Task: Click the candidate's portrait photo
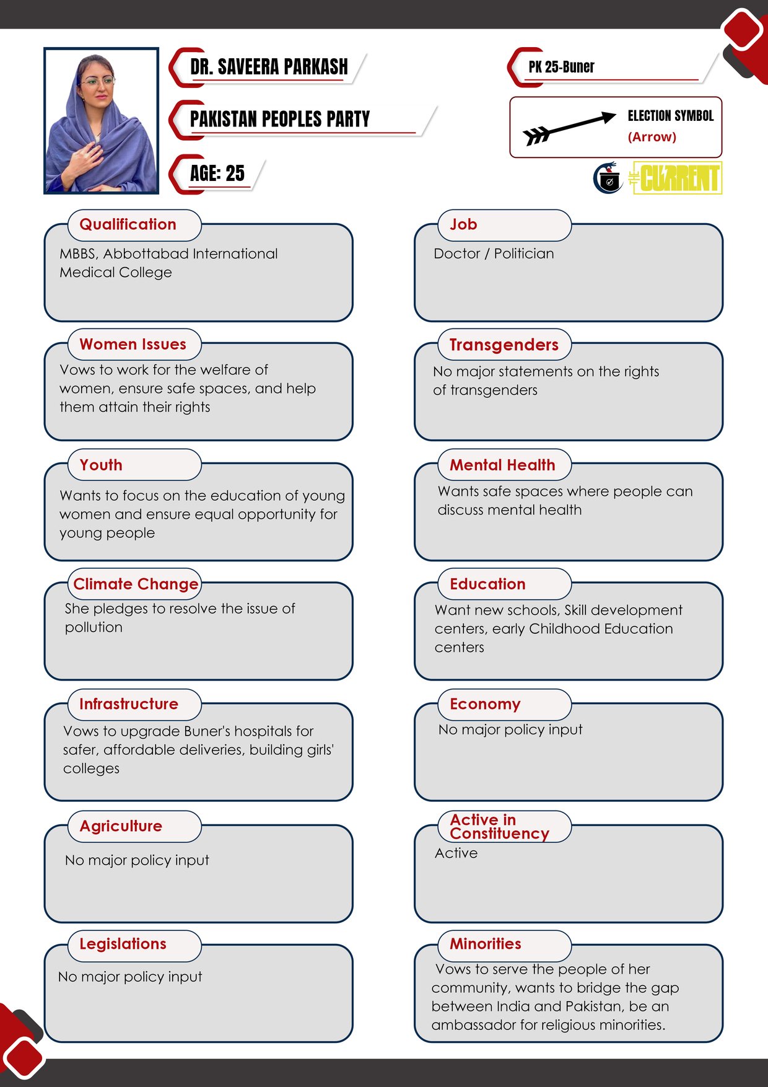pos(101,121)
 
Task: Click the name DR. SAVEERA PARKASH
pos(269,67)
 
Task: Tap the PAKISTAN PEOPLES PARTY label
pos(279,119)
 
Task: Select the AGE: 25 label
pos(217,174)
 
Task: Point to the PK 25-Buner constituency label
pos(561,67)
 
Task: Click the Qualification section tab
pos(128,224)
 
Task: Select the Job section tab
pos(463,224)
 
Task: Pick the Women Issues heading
pos(133,344)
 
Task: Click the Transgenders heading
pos(504,345)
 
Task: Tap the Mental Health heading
pos(502,465)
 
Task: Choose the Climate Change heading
pos(136,584)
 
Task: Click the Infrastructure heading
pos(129,704)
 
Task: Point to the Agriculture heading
pos(121,826)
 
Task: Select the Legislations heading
pos(123,944)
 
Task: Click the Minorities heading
pos(486,944)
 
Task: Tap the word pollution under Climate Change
pos(94,627)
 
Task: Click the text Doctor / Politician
pos(494,253)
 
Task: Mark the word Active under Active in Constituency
pos(456,853)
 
